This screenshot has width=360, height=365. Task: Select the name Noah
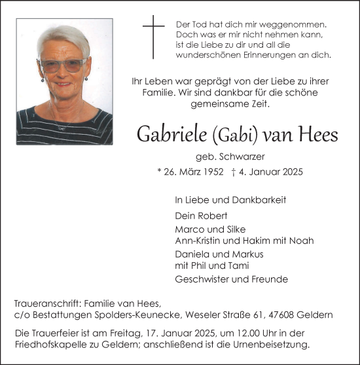pos(301,241)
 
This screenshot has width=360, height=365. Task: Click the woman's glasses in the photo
pos(63,65)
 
